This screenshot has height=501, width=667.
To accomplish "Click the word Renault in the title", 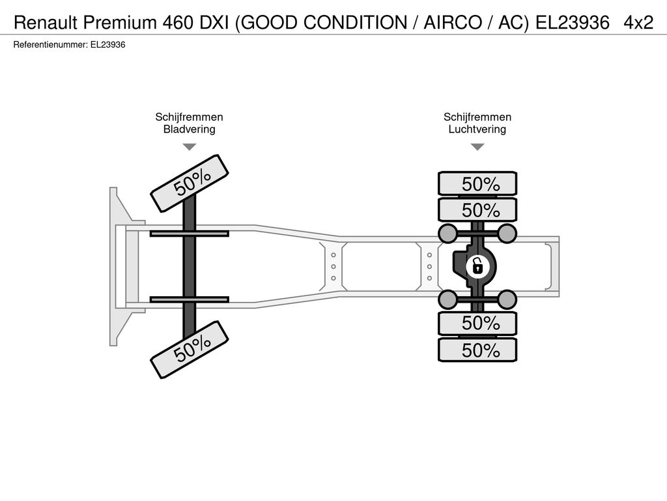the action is [x=46, y=22].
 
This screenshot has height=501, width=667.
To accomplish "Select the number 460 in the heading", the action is [x=178, y=22].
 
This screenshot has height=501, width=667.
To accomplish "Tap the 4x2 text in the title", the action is [x=638, y=22].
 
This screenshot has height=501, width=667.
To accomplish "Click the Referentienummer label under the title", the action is [x=51, y=45].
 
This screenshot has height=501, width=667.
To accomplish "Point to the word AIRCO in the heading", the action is [x=453, y=22].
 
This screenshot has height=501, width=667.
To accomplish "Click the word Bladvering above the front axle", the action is [x=190, y=129].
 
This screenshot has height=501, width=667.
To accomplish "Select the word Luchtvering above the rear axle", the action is [x=477, y=129].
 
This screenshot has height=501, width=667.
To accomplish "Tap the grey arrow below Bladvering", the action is [x=190, y=147].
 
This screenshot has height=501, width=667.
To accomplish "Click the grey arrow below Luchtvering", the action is [x=477, y=147].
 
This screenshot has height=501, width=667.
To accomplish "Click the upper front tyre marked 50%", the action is [x=190, y=183].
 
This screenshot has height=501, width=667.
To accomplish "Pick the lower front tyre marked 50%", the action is [x=190, y=350].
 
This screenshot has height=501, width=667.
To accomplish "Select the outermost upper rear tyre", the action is [x=477, y=183].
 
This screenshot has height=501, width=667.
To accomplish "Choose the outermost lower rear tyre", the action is [x=477, y=350].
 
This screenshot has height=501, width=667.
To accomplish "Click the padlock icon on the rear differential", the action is [x=477, y=267].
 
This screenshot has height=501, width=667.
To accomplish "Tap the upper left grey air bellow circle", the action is [x=447, y=233].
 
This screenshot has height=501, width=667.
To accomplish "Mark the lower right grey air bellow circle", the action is [x=507, y=299].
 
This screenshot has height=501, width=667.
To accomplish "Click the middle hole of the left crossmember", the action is [x=333, y=267].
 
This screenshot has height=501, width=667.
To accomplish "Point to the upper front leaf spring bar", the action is [x=190, y=234].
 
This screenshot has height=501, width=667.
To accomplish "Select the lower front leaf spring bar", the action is [x=190, y=299].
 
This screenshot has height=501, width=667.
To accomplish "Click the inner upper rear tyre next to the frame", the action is [x=477, y=209].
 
